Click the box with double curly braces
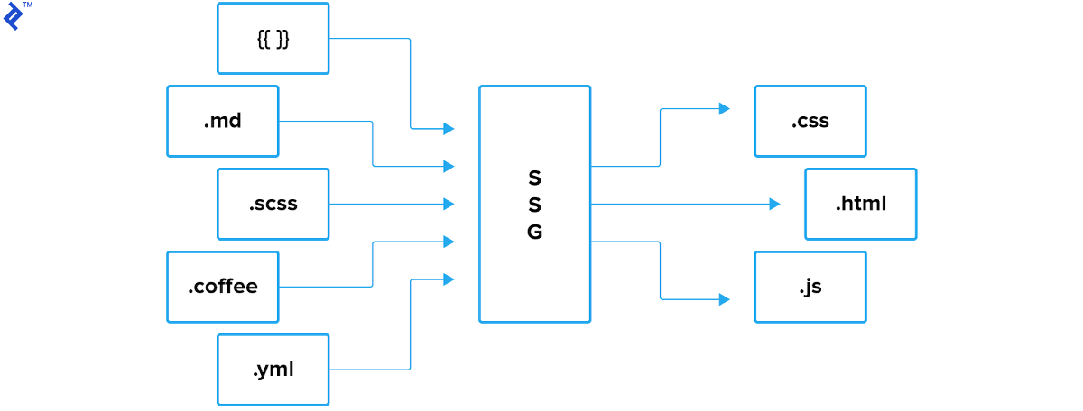tap(273, 39)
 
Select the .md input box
tap(223, 121)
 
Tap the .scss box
tap(273, 204)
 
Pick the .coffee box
tap(223, 287)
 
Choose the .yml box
tap(273, 370)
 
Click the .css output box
tap(810, 121)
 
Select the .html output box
tap(860, 204)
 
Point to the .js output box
tap(810, 287)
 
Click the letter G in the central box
tap(534, 233)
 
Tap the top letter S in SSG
tap(534, 177)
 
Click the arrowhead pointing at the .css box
tap(724, 109)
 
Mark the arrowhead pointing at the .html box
tap(774, 205)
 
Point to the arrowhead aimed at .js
tap(724, 299)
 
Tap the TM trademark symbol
tap(28, 5)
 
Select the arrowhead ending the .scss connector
tap(449, 205)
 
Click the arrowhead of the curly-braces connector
tap(449, 129)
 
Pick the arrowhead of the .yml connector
tap(449, 279)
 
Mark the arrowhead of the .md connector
tap(449, 167)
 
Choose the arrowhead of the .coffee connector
tap(449, 242)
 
